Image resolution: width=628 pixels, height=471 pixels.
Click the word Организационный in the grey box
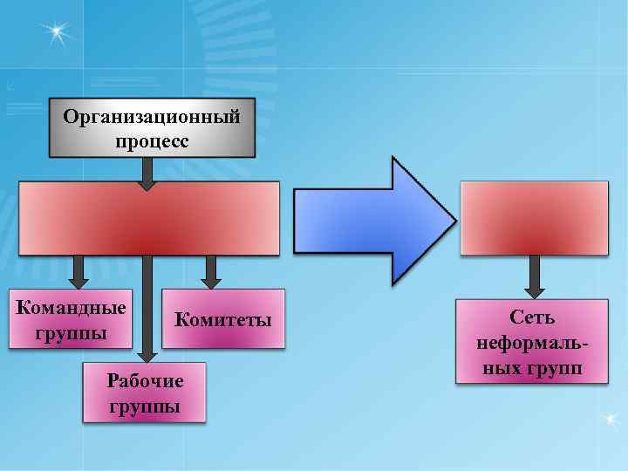[x=151, y=118]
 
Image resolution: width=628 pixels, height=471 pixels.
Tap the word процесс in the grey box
[x=151, y=140]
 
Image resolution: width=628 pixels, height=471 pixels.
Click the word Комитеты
[x=224, y=320]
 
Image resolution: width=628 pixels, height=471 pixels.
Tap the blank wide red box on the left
[x=149, y=218]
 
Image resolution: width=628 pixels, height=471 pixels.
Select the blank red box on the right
[x=534, y=218]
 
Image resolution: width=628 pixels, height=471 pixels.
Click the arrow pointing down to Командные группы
[x=79, y=272]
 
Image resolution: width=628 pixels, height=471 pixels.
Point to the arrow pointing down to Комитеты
[x=210, y=272]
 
